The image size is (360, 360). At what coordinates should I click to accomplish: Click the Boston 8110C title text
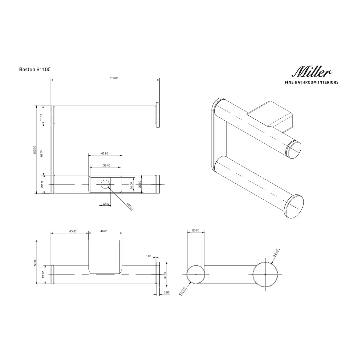coord(34,70)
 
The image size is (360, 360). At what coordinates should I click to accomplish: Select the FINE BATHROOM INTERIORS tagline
coord(311,82)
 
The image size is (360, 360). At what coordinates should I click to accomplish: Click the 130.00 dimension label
coord(114,78)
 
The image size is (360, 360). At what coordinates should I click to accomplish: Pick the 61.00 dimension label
coord(41,153)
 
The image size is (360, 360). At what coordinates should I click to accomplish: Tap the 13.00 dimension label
coord(106,204)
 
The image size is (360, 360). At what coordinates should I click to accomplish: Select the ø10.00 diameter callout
coord(130,207)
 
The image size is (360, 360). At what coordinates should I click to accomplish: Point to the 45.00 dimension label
coord(73,231)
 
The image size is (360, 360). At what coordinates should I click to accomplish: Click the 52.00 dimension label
coord(35,262)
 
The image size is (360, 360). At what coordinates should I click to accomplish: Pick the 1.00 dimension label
coord(149,256)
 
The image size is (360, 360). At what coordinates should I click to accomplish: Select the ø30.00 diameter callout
coord(276,252)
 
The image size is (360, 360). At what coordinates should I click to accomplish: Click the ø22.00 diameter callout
coord(183,291)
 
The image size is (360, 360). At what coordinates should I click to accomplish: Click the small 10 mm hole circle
coord(105,184)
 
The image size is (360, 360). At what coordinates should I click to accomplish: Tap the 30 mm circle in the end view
coord(265,274)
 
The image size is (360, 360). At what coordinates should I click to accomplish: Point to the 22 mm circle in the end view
coord(196,274)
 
